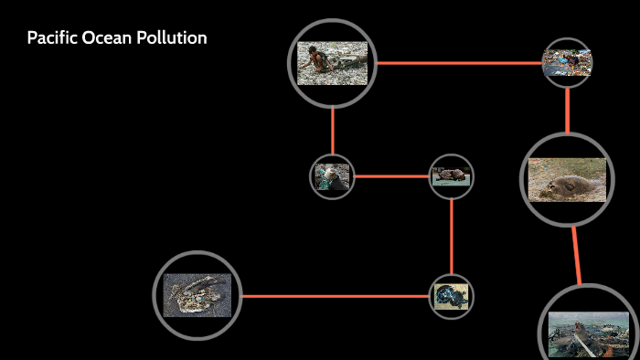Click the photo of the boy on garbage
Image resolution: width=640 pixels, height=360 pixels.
point(332,63)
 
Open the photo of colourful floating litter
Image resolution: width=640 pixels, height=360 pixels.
point(567,63)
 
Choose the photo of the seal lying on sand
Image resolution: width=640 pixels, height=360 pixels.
point(567,179)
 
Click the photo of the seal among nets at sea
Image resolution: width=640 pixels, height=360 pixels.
point(588,334)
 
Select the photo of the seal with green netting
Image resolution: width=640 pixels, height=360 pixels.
point(332,176)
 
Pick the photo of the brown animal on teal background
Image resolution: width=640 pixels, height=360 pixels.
point(452,176)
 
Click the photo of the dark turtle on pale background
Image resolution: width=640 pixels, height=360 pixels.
point(452,296)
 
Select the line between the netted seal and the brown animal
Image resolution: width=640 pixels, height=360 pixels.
point(391,176)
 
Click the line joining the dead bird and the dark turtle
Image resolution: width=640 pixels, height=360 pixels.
point(334,296)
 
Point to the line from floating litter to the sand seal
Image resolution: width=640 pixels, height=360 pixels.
point(567,110)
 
